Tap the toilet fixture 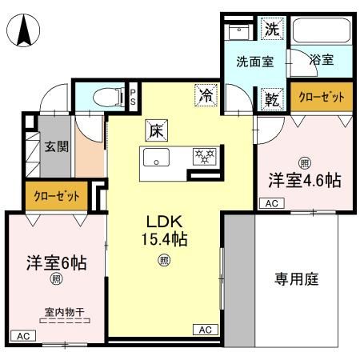(x=103, y=98)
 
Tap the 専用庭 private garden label (x=297, y=279)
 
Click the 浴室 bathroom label (x=322, y=60)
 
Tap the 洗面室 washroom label (x=254, y=61)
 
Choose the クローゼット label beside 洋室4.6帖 (x=322, y=97)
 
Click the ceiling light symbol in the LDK (x=163, y=259)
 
